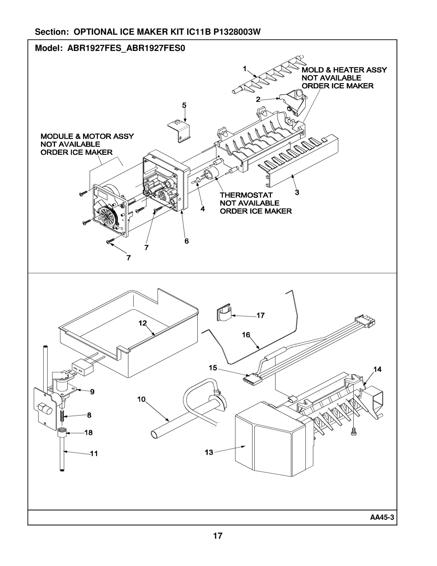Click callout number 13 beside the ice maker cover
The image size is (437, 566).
point(209,452)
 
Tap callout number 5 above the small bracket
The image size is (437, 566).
point(184,105)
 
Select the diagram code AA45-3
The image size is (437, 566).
point(382,517)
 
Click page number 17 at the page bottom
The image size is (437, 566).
point(218,536)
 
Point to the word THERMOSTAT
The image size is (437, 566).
point(246,195)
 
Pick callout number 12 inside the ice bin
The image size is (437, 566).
point(143,323)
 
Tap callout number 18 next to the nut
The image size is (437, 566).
point(88,433)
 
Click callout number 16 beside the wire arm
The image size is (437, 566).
point(246,335)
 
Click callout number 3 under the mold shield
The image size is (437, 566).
point(297,192)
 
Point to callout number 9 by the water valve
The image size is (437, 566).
point(92,392)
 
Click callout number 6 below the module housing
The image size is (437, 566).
point(187,241)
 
